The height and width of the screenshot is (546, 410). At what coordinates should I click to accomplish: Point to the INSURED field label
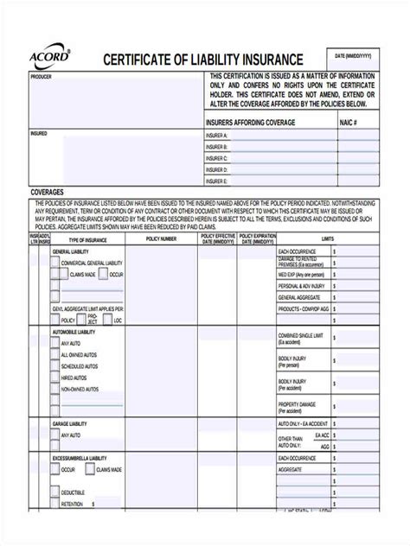pyautogui.click(x=39, y=134)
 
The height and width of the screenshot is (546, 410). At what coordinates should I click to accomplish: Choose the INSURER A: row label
pyautogui.click(x=217, y=136)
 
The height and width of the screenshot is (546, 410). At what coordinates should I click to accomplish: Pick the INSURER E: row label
pyautogui.click(x=217, y=181)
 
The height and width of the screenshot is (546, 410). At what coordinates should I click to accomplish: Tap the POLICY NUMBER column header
pyautogui.click(x=162, y=238)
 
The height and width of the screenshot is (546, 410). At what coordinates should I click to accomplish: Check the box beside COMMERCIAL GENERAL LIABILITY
pyautogui.click(x=54, y=262)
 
